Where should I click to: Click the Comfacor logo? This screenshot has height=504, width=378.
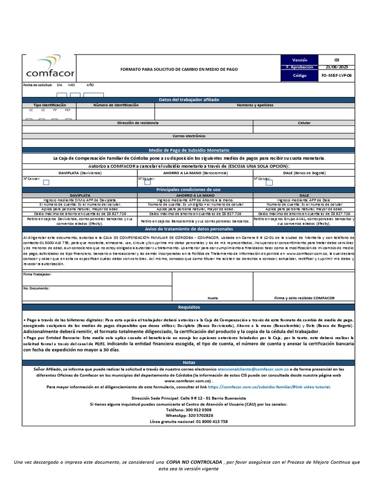click(49, 67)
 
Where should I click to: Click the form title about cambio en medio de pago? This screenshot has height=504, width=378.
click(179, 69)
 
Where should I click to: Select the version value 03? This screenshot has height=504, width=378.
click(337, 59)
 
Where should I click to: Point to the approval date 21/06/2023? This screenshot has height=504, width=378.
click(337, 67)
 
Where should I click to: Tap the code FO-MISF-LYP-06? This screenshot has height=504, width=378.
click(337, 76)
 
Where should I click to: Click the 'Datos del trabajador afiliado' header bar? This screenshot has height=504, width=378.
click(189, 100)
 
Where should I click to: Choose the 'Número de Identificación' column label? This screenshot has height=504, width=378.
click(116, 105)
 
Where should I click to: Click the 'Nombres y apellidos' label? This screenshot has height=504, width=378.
click(255, 105)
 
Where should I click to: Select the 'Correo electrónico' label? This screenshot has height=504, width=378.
click(189, 136)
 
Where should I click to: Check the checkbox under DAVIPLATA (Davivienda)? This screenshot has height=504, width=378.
click(46, 182)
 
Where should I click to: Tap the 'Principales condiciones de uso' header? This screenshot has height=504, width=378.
click(189, 189)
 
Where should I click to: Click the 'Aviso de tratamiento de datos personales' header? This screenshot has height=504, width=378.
click(189, 229)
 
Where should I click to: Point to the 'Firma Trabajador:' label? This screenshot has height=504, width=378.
click(37, 274)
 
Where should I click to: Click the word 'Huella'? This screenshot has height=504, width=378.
click(213, 298)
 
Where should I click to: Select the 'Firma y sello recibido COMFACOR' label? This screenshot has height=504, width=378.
click(304, 298)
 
